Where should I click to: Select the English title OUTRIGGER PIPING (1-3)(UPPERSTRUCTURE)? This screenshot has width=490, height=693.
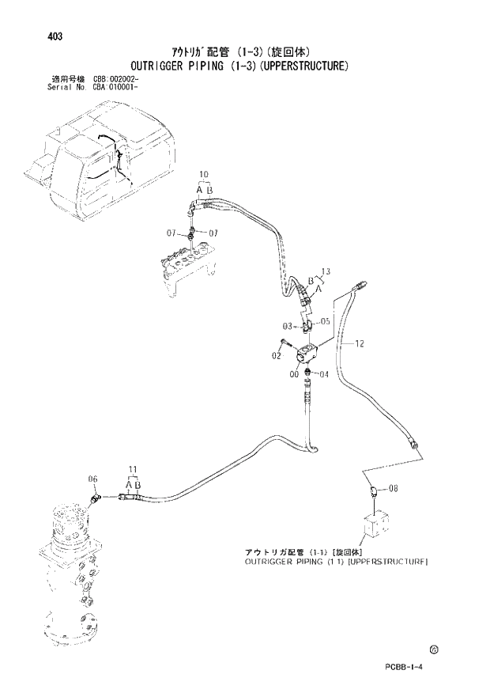pos(247,66)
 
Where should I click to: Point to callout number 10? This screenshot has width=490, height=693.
pos(203,174)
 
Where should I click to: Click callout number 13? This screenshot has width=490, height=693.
pos(326,272)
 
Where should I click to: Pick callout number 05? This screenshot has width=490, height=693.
pos(325,322)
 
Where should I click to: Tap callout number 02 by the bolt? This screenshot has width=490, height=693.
pos(277,356)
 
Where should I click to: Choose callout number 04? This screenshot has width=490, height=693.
pos(323,374)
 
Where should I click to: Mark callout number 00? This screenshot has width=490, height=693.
pos(294,374)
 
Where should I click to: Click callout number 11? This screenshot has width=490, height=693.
pos(133,470)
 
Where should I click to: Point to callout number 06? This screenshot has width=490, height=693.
pos(92,479)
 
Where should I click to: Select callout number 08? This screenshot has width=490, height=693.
pos(393,490)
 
